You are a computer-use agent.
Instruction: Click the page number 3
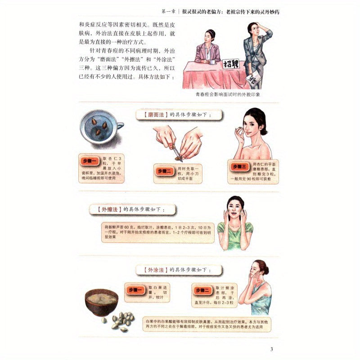click(x=271, y=350)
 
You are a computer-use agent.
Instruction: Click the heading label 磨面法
click(x=153, y=116)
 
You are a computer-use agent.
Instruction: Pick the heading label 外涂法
click(x=153, y=270)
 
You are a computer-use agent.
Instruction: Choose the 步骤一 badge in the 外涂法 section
click(x=136, y=290)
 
